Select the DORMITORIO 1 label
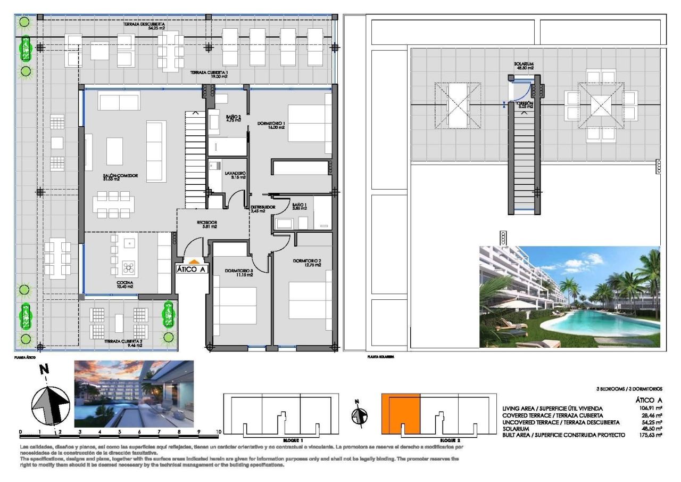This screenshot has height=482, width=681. tap(271, 124)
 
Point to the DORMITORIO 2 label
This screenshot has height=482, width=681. tap(306, 262)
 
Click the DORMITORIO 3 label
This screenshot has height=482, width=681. tap(238, 271)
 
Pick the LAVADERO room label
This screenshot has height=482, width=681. tap(235, 174)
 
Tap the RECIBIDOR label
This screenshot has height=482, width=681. tap(206, 223)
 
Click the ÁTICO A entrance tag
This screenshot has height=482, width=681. tap(192, 269)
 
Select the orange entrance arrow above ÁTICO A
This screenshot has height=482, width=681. tap(194, 262)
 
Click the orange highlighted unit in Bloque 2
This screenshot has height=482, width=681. tap(400, 414)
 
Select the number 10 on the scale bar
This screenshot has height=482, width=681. tap(218, 432)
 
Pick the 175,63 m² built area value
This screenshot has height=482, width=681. tap(651, 435)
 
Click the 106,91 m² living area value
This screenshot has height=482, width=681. tap(651, 409)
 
